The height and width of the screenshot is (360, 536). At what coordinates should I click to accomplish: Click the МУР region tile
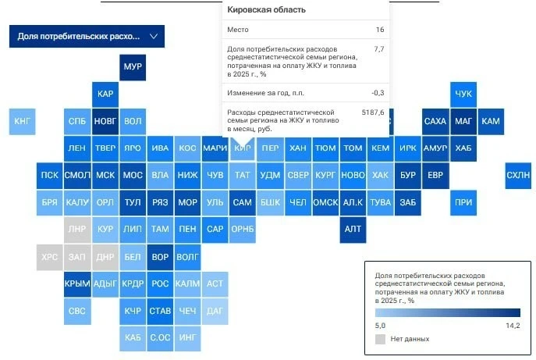(x=133, y=67)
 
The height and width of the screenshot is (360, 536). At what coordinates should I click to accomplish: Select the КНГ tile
(x=22, y=122)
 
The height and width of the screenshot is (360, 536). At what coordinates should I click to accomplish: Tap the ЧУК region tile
(x=463, y=94)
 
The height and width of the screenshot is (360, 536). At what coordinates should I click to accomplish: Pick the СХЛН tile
(x=518, y=176)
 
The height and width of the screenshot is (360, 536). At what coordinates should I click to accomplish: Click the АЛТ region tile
(x=353, y=230)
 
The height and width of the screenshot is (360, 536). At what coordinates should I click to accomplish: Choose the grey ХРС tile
(x=50, y=257)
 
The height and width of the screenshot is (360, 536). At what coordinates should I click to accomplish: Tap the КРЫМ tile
(x=77, y=284)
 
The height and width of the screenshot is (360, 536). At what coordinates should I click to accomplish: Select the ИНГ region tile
(x=188, y=338)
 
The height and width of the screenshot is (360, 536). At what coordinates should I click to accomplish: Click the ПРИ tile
(x=463, y=202)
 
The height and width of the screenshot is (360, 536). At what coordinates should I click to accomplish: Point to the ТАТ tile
(x=243, y=176)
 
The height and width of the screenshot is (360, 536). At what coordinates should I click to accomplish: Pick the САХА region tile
(x=435, y=122)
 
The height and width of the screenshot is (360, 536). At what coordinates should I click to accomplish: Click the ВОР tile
(x=160, y=257)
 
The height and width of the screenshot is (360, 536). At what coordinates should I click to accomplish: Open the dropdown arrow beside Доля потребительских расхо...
(x=154, y=36)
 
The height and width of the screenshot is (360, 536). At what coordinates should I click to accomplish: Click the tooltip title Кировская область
(x=266, y=9)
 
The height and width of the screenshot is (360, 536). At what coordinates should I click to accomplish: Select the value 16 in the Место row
(x=380, y=30)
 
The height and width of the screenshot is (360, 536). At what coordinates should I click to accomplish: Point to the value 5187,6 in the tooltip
(x=373, y=112)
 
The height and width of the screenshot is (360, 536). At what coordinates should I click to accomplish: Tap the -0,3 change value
(x=378, y=93)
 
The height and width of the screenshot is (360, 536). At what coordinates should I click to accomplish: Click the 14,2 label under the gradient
(x=513, y=326)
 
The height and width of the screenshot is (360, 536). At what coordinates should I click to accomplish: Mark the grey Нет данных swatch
(x=380, y=339)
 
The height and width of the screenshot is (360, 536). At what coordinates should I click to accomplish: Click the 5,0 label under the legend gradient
(x=380, y=326)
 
